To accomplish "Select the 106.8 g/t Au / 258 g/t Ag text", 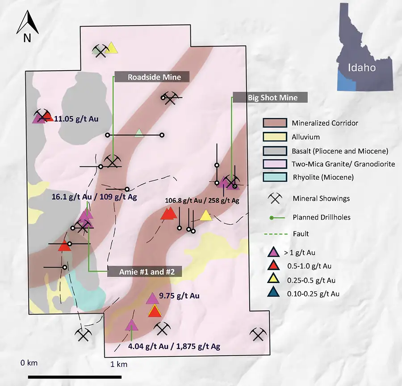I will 202,201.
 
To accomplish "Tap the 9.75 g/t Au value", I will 179,296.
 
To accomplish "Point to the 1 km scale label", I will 119,365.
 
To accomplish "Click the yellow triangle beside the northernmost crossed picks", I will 112,48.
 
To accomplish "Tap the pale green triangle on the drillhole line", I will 139,133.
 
